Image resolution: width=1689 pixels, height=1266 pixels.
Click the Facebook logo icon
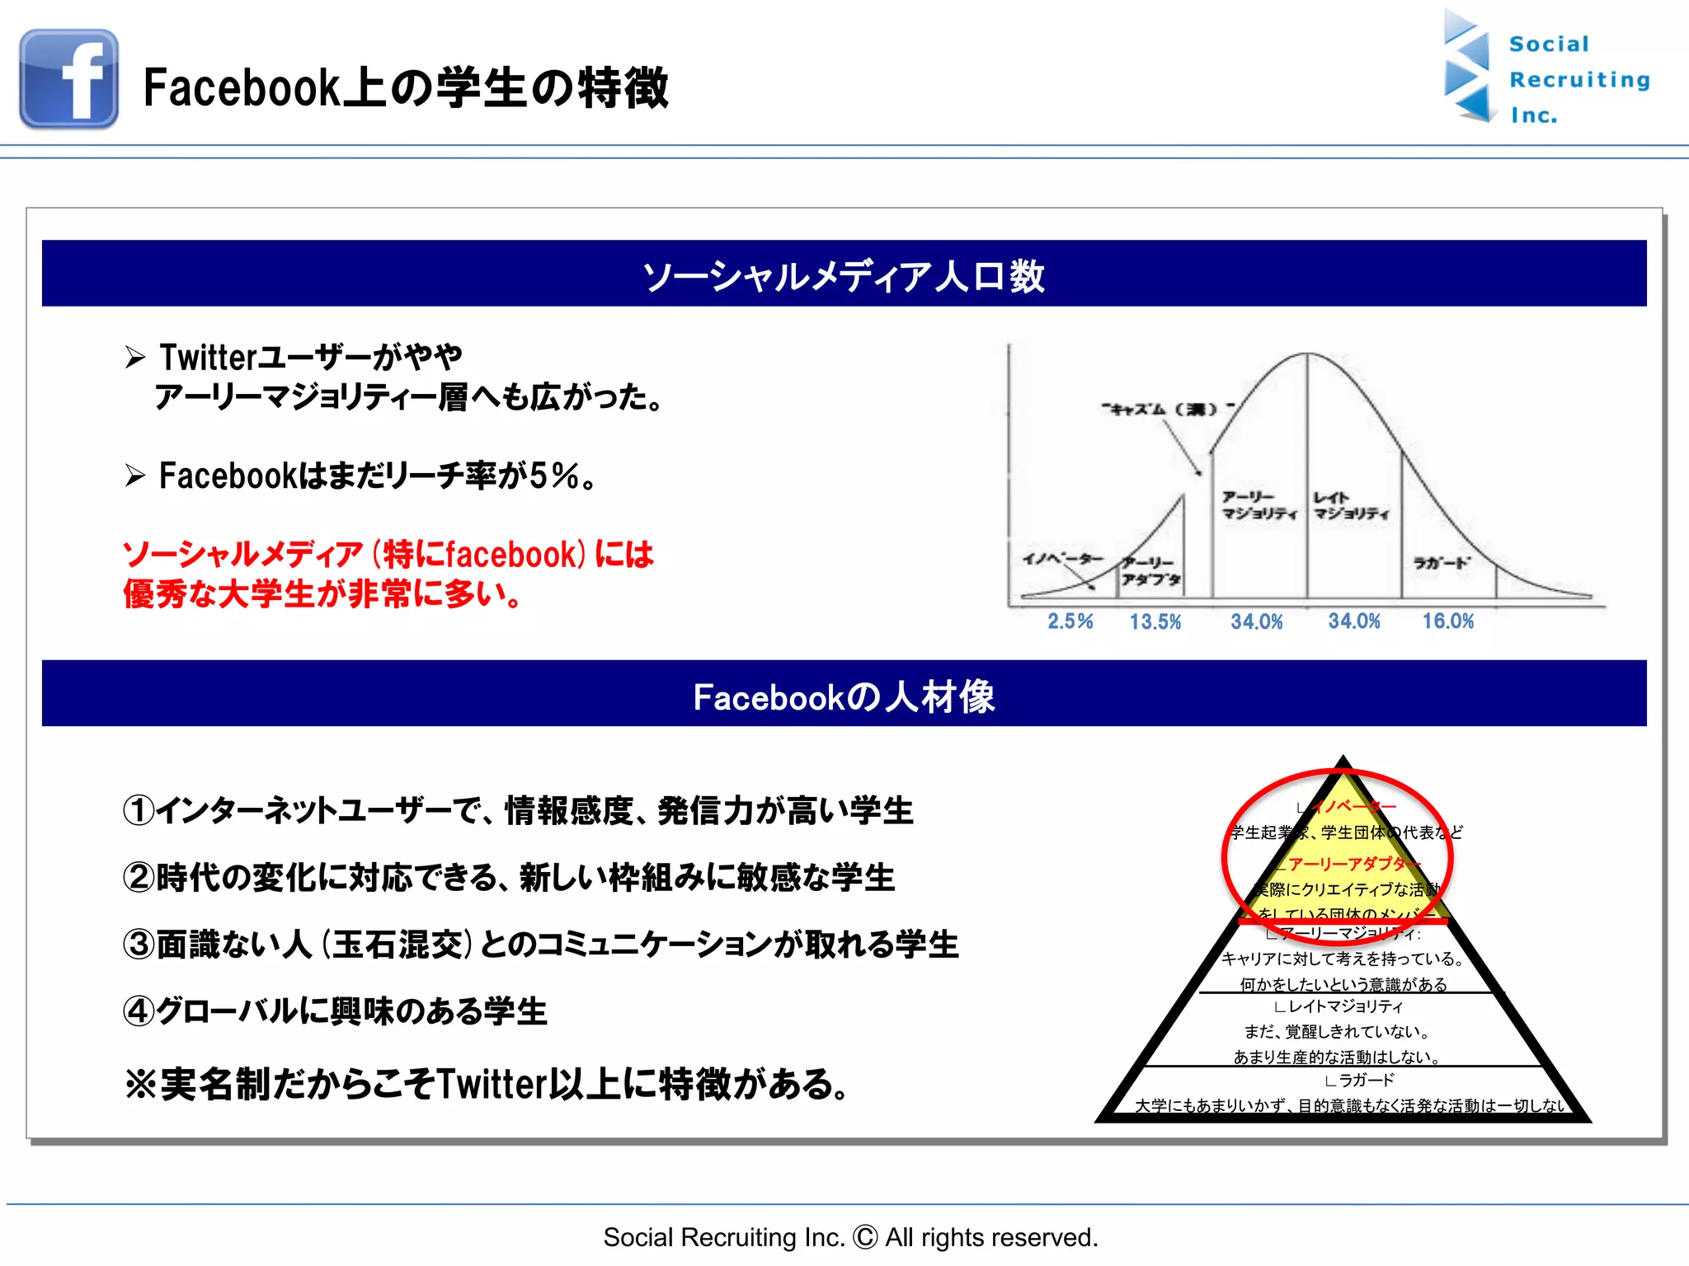click(68, 79)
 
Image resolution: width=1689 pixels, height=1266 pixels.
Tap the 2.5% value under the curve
click(1070, 621)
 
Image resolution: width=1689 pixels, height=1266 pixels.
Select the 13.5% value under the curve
click(1155, 622)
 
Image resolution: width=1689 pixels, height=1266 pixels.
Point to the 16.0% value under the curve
click(1447, 621)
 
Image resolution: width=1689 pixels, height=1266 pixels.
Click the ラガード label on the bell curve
click(1441, 563)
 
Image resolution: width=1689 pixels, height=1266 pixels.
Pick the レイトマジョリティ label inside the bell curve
click(1351, 506)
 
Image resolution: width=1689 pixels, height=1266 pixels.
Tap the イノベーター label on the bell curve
click(1062, 559)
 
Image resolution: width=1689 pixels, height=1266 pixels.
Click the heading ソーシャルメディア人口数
click(844, 275)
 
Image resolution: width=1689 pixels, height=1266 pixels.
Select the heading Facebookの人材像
click(844, 696)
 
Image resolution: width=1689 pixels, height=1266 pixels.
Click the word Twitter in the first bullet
click(209, 358)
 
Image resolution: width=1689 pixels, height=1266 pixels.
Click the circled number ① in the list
click(139, 810)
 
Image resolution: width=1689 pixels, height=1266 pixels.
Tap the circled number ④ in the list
click(139, 1011)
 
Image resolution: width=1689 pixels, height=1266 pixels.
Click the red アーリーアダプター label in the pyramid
click(1353, 864)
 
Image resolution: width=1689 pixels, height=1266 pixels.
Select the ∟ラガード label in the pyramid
click(1359, 1081)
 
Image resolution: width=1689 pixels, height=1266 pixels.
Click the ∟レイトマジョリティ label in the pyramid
click(1338, 1006)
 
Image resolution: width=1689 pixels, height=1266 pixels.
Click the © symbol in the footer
click(865, 1237)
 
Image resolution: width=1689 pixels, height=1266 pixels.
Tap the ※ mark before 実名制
click(141, 1084)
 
